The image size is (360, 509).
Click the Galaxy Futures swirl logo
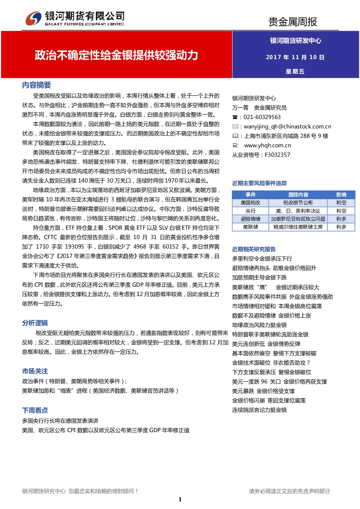click(33, 18)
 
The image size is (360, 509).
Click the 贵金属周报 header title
click(292, 22)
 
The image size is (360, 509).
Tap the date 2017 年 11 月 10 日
click(295, 57)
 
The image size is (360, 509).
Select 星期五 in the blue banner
click(295, 71)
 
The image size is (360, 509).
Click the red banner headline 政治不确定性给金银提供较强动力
click(116, 55)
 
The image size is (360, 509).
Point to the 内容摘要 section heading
click(36, 85)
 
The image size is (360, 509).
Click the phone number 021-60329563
click(262, 117)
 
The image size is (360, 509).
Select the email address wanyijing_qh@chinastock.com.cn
click(287, 127)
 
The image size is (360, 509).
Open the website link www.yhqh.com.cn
click(267, 145)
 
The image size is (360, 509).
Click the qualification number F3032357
click(278, 155)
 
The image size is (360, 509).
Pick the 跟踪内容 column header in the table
click(298, 195)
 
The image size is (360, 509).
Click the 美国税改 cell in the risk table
click(250, 203)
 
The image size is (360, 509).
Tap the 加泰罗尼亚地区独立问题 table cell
click(298, 219)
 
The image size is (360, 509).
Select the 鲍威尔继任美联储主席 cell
click(298, 227)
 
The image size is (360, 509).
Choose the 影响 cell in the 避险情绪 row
click(341, 219)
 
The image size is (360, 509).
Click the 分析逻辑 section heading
click(35, 323)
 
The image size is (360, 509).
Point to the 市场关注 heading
click(35, 371)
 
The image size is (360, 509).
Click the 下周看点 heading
click(35, 410)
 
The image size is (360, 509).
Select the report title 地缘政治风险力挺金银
click(259, 325)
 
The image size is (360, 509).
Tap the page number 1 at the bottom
click(180, 499)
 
